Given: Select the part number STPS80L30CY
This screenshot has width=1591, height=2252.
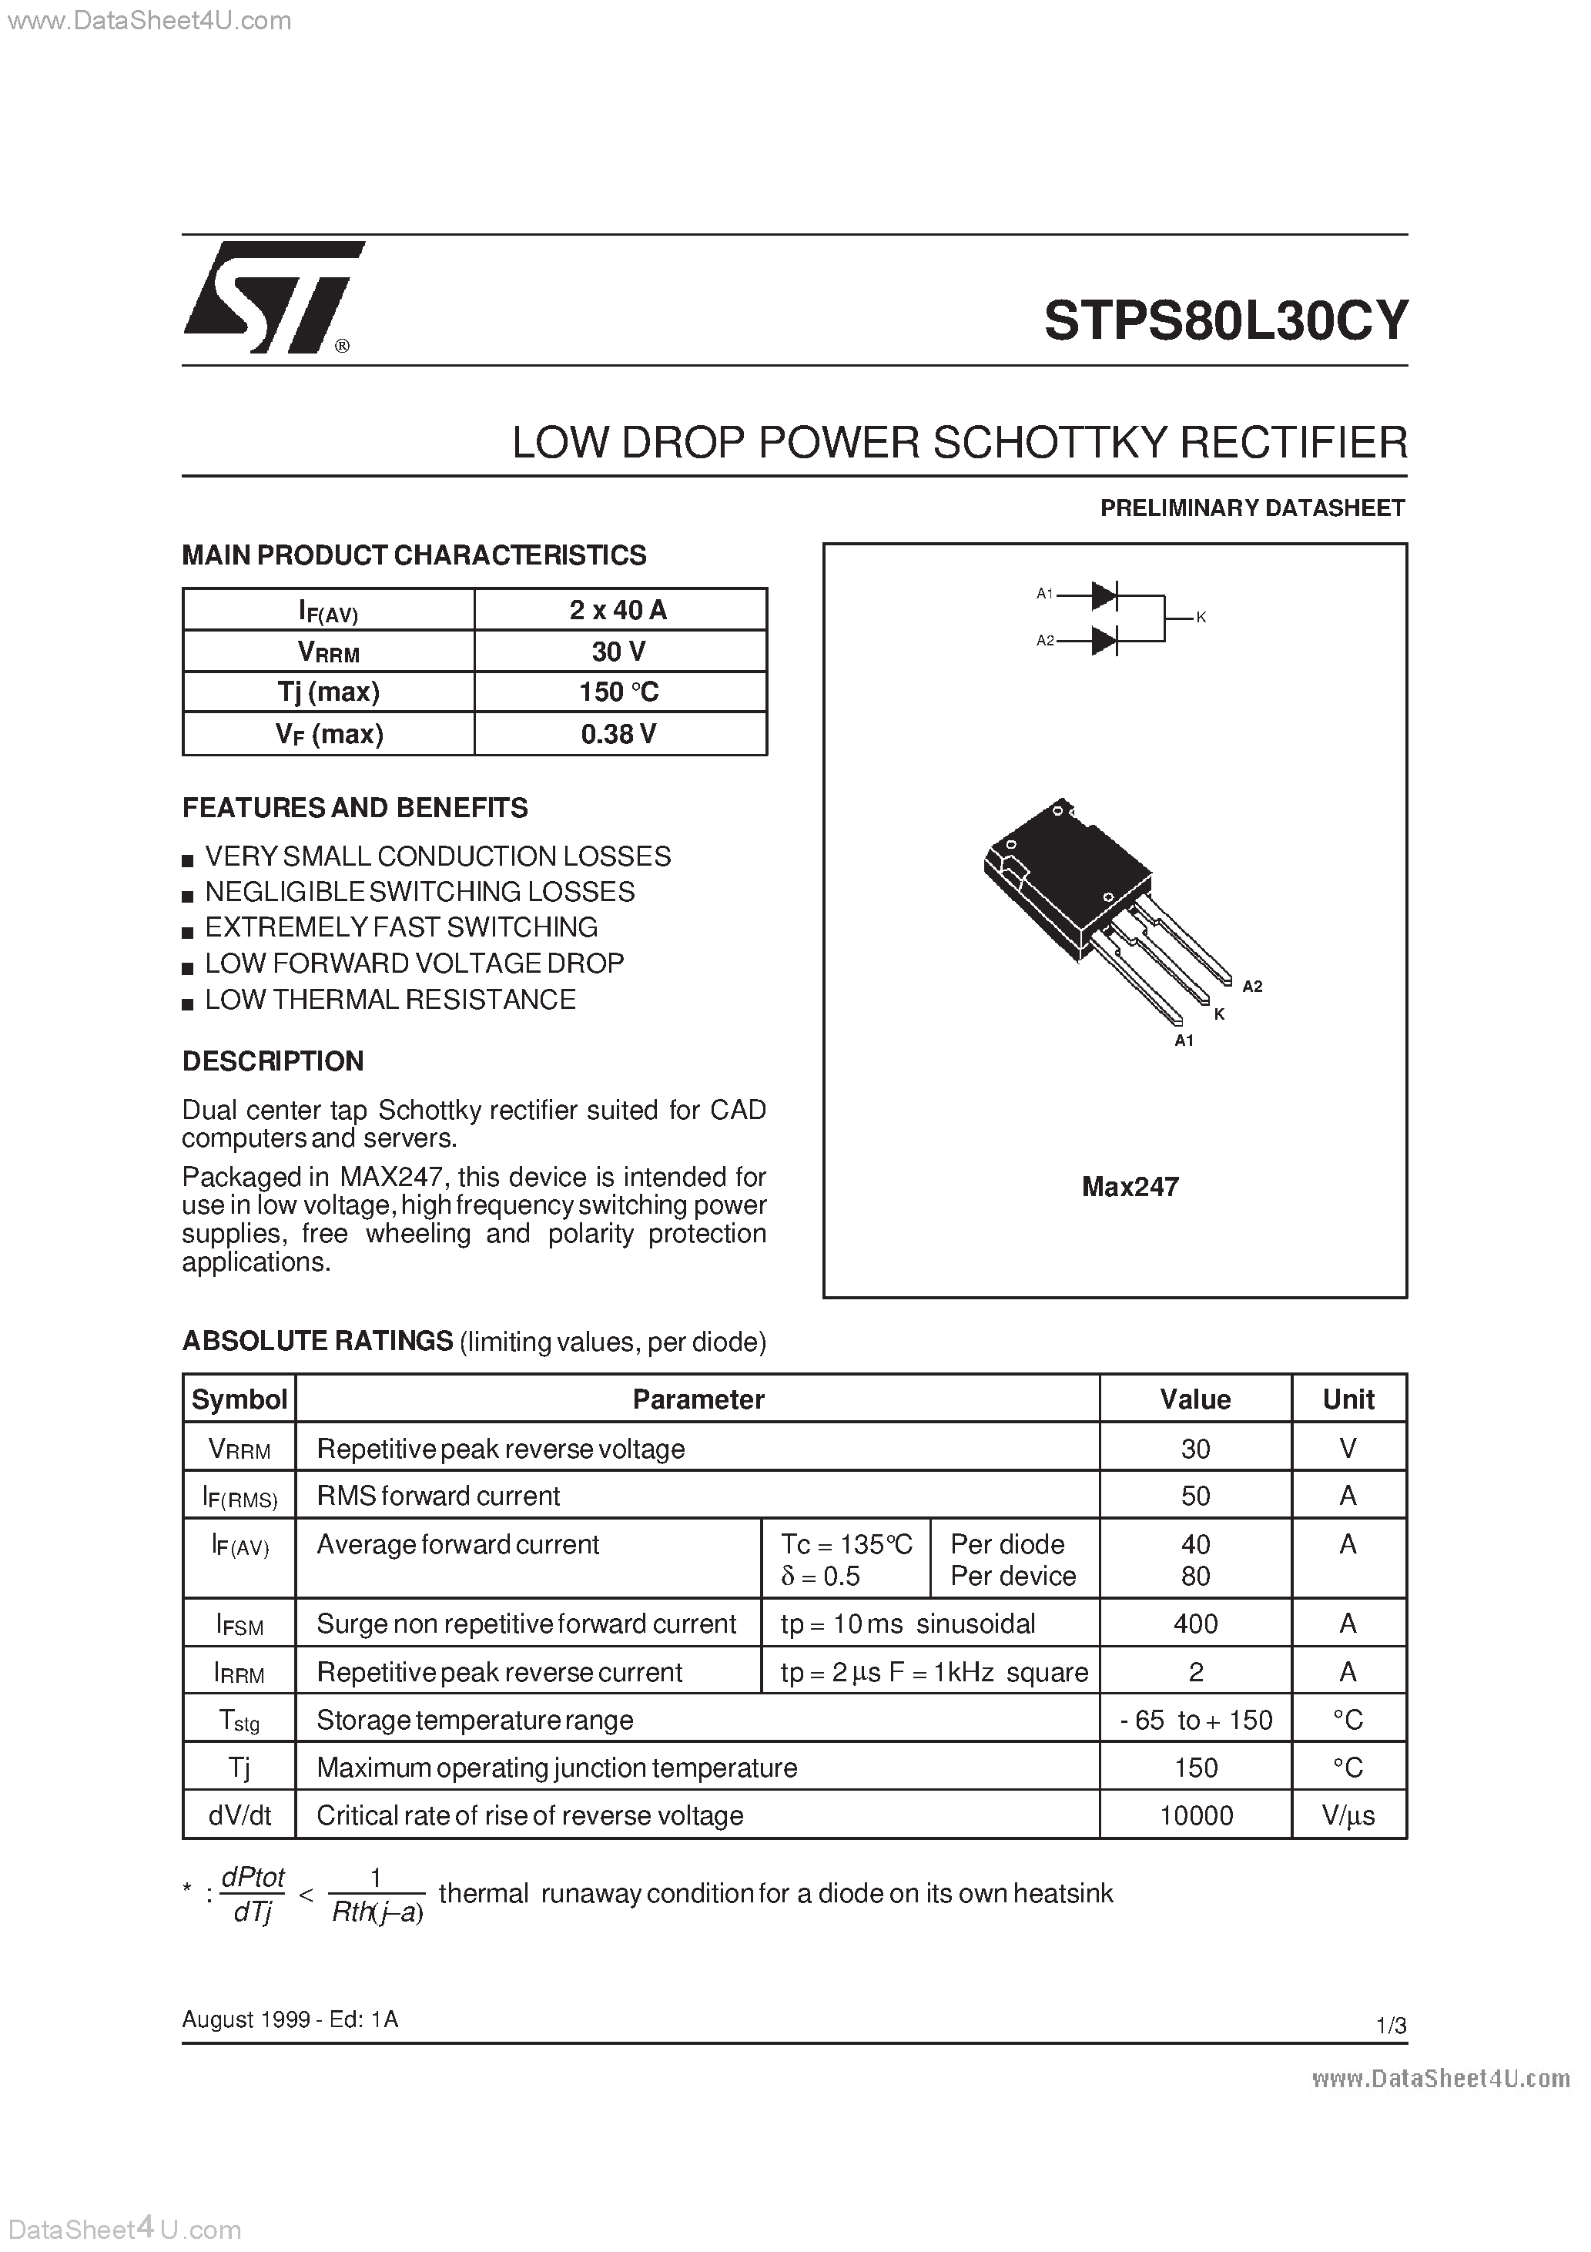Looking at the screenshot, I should click(x=1225, y=320).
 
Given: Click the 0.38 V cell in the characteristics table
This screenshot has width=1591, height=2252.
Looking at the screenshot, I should click(x=619, y=734).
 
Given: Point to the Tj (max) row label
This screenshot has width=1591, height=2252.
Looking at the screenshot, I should click(x=329, y=692).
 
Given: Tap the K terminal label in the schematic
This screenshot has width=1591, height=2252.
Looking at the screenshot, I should click(x=1201, y=617).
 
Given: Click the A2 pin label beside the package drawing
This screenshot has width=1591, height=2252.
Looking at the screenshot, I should click(x=1251, y=986).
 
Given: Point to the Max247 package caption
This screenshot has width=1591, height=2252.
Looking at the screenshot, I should click(x=1129, y=1187).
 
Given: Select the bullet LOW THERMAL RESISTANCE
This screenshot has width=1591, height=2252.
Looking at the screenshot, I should click(x=390, y=1000).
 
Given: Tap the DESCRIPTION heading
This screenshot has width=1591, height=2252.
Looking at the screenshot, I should click(x=273, y=1061).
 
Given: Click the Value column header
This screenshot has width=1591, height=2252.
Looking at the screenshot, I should click(x=1194, y=1399).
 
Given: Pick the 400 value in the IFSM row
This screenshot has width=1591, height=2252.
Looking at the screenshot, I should click(x=1194, y=1624).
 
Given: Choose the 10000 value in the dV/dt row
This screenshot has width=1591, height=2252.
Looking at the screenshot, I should click(x=1194, y=1815).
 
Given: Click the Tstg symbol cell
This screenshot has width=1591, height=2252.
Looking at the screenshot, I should click(x=239, y=1721).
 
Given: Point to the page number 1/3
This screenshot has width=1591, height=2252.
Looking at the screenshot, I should click(x=1391, y=2026).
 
